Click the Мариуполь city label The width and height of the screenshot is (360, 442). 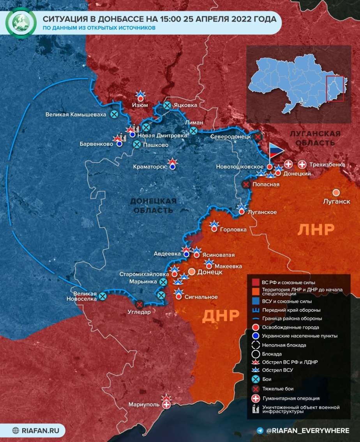[x=144, y=405]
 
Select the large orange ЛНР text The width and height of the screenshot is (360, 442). [x=316, y=230]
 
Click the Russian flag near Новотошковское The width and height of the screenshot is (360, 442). [x=275, y=152]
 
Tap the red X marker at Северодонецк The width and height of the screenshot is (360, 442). [x=258, y=137]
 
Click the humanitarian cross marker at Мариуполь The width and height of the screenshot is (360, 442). [x=167, y=405]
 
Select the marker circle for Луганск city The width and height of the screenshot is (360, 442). [x=336, y=193]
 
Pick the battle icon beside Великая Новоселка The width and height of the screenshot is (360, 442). [x=102, y=296]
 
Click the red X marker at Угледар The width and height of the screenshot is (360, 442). [x=139, y=304]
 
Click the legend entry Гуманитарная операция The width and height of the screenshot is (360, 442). [x=291, y=398]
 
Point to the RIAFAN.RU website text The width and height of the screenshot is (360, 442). [x=41, y=430]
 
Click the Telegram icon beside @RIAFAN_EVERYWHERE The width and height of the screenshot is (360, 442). [x=260, y=430]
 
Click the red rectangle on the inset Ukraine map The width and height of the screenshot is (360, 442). [x=335, y=88]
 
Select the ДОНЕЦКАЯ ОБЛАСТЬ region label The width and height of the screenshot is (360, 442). [x=153, y=205]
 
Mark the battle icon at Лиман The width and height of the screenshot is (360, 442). [x=193, y=131]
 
